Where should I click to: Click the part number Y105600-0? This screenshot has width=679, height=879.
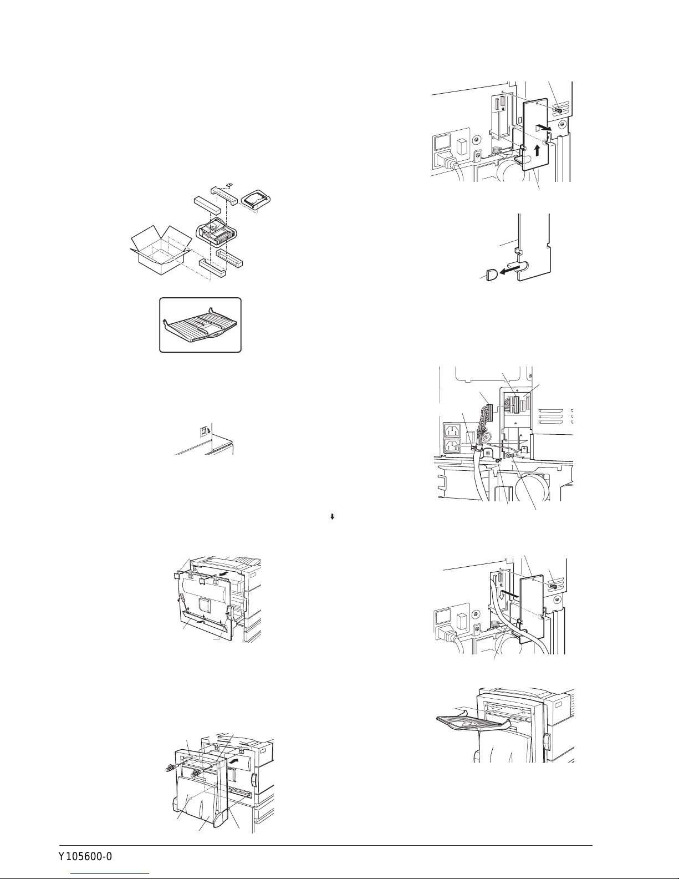tap(85, 857)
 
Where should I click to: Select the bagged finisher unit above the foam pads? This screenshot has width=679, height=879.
tap(216, 234)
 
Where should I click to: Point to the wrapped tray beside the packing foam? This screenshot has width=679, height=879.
tap(256, 200)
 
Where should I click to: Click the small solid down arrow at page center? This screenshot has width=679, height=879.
tap(332, 516)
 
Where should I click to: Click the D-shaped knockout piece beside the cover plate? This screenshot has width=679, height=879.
tap(492, 275)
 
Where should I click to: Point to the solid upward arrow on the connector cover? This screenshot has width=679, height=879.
tap(537, 150)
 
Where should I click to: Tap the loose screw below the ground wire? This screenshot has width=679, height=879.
tap(499, 461)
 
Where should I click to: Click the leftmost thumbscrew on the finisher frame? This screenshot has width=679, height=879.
tap(171, 769)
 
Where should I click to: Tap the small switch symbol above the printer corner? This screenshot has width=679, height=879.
tap(204, 431)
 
